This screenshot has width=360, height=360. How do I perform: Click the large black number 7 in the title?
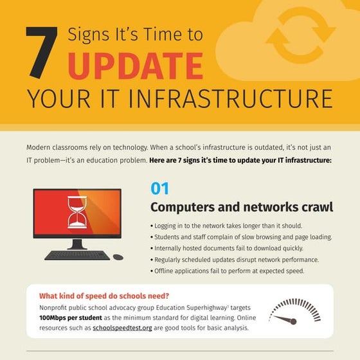coord(41,52)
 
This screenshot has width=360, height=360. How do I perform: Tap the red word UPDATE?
coord(136,66)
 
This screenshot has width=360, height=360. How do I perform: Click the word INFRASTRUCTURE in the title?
coord(230,99)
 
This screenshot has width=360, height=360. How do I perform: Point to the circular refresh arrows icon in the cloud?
coord(301,35)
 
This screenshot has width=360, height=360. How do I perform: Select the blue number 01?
coord(160,188)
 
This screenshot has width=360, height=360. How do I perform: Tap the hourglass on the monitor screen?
coord(77,212)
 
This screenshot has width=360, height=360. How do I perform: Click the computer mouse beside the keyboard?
coord(118,257)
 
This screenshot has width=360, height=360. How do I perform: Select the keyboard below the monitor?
coord(77,255)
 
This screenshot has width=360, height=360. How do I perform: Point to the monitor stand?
coord(77,244)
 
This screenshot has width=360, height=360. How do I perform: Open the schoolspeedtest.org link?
coord(122,328)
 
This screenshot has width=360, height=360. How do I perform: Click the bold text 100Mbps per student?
coord(71,318)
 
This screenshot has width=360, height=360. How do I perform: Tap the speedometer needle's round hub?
coord(293,321)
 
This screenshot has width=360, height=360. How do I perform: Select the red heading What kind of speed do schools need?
coord(104,296)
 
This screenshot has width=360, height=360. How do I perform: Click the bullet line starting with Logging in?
coord(226,226)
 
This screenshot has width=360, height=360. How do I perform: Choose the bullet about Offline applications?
coord(228,271)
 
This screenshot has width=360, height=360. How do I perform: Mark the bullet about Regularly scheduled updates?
coord(235,260)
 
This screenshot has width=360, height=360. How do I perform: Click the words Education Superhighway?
coord(192,308)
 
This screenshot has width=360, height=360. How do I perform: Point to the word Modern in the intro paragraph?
coord(39,147)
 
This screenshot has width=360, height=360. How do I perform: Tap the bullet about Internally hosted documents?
coord(227,248)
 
